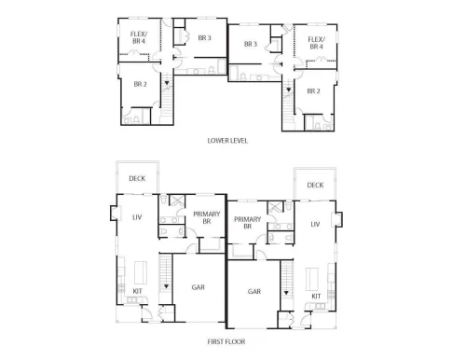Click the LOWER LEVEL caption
[x=227, y=141]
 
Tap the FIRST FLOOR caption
[x=226, y=341]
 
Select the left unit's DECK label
[x=137, y=178]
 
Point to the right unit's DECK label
[x=315, y=185]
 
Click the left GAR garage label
[x=199, y=287]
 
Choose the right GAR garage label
[x=254, y=291]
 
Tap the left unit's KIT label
[x=137, y=291]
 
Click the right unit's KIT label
[x=316, y=296]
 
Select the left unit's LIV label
[x=137, y=217]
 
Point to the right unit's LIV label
[x=315, y=224]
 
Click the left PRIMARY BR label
[x=207, y=217]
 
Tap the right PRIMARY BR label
[x=247, y=223]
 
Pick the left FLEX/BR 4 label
[x=139, y=37]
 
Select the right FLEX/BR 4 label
[x=317, y=43]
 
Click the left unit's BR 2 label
[x=141, y=84]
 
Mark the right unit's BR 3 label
[x=251, y=44]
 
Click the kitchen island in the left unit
[x=141, y=272]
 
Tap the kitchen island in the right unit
[x=312, y=279]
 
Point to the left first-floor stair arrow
[x=166, y=286]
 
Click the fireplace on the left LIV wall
[x=115, y=213]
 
